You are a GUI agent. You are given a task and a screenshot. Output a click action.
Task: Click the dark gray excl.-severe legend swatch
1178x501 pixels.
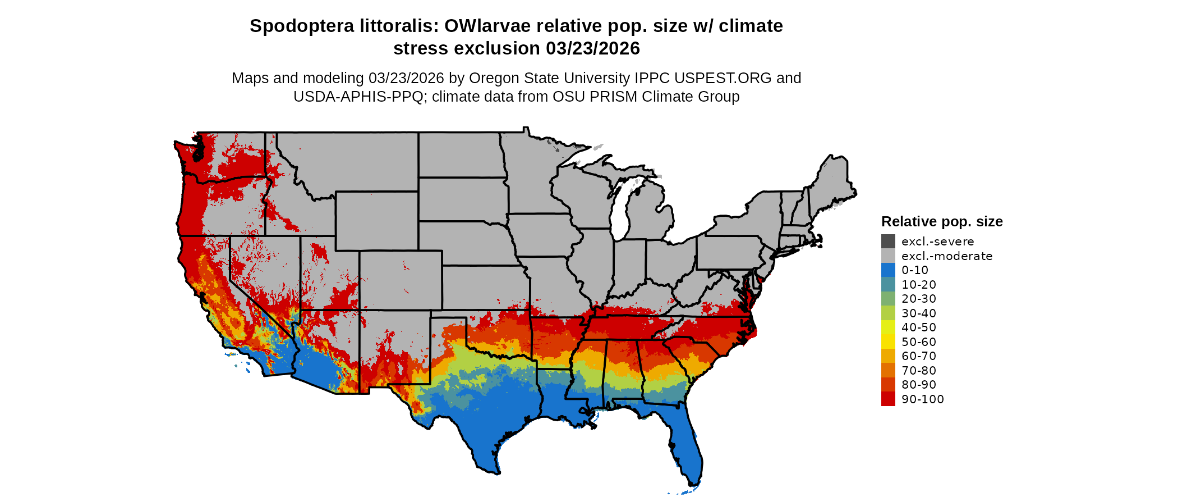(x=888, y=242)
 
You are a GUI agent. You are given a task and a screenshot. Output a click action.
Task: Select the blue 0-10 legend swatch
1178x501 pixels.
(x=888, y=270)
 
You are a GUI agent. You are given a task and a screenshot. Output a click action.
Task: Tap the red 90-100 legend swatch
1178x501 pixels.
(x=888, y=399)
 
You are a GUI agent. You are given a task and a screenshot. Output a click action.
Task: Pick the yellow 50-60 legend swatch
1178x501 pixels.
(x=888, y=341)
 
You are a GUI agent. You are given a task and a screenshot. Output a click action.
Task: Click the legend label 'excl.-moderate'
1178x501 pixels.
(x=947, y=256)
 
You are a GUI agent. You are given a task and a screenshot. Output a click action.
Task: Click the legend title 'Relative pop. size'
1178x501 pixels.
(x=942, y=221)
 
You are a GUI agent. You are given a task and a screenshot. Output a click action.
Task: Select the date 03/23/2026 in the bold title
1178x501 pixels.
(x=593, y=48)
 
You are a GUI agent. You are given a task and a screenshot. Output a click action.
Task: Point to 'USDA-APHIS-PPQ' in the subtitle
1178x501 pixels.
(x=358, y=97)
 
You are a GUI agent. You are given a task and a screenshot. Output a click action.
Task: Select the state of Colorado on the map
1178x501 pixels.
(x=401, y=280)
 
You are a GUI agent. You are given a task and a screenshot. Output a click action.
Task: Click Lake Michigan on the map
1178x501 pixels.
(x=619, y=213)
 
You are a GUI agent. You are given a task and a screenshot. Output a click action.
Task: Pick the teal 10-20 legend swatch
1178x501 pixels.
(x=888, y=285)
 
